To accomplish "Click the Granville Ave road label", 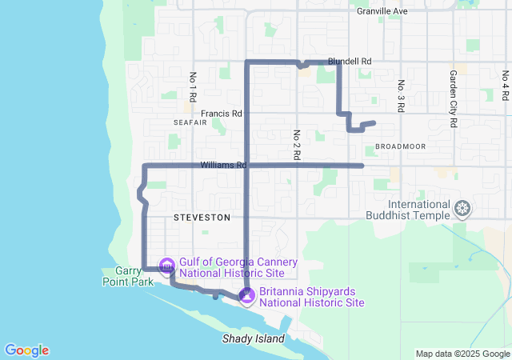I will [x=382, y=11].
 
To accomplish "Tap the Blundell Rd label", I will [x=350, y=61].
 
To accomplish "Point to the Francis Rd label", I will [x=221, y=114].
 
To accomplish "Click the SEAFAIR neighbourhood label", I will [x=190, y=122].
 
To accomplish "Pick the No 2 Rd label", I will [x=296, y=143].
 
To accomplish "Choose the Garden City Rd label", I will [x=453, y=99].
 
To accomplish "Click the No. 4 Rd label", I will [x=506, y=86].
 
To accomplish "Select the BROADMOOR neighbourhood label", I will [x=398, y=147].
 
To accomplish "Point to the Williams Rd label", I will [x=222, y=165].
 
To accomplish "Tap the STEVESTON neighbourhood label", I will [x=202, y=218].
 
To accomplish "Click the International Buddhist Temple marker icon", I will [x=462, y=210].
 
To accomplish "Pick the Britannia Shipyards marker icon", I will [x=247, y=295].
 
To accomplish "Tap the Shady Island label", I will [x=253, y=339].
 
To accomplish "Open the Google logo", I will [x=26, y=350].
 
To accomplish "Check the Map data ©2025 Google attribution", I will [x=462, y=354].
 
